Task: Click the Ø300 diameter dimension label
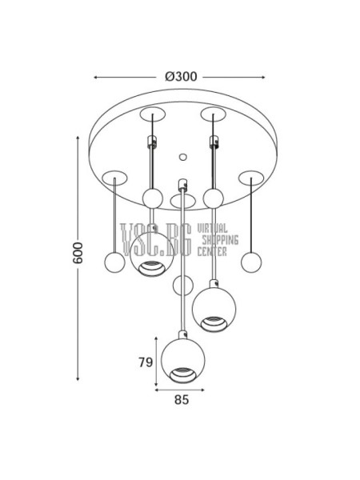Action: (181, 77)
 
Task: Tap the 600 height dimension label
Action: (78, 253)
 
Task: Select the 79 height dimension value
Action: (146, 362)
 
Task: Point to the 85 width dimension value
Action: (182, 400)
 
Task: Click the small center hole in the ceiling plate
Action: (182, 157)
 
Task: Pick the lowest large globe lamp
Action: (182, 361)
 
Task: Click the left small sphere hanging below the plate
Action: (114, 262)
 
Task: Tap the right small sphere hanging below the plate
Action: (251, 262)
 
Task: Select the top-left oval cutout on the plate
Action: (153, 114)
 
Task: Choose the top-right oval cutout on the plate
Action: (214, 114)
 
